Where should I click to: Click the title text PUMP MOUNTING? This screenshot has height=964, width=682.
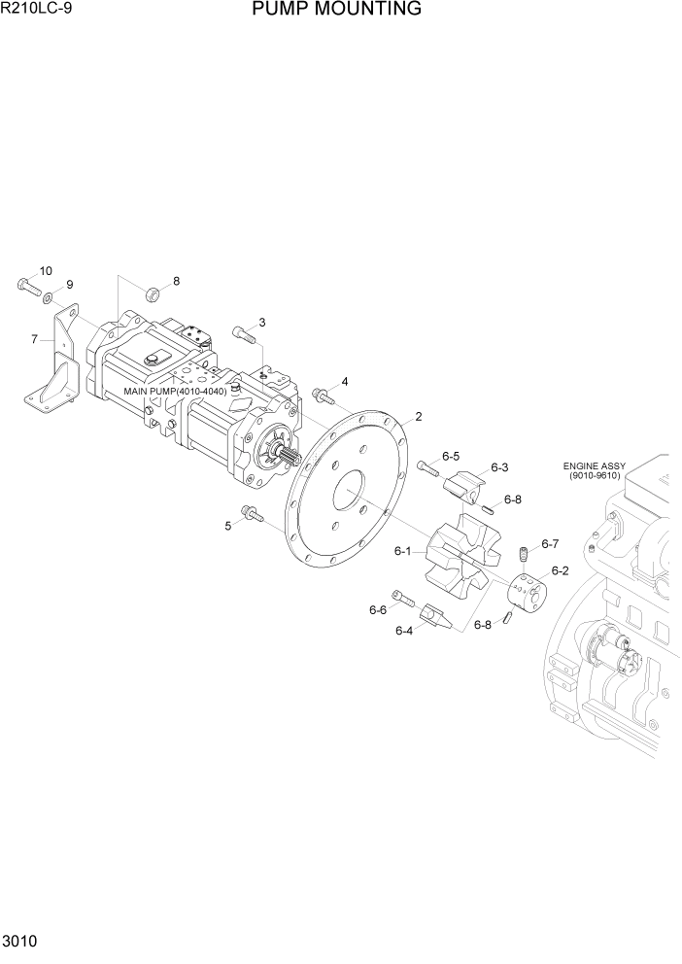point(336,10)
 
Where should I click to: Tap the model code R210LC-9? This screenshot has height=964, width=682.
point(37,10)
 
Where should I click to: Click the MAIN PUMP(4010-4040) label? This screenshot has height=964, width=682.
point(175,392)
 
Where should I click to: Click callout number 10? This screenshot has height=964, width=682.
point(46,270)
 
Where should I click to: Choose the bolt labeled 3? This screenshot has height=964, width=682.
point(244,335)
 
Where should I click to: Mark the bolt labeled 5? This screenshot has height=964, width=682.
point(251,513)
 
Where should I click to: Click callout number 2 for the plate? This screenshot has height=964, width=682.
point(418,417)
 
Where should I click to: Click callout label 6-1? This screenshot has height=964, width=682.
point(402,551)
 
